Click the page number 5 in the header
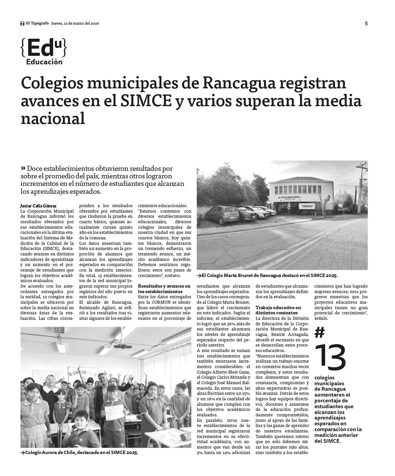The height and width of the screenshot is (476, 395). (366, 23)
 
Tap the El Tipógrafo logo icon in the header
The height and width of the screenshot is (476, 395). (22, 23)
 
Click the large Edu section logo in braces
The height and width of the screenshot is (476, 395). (44, 48)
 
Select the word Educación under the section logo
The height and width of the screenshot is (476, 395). (44, 62)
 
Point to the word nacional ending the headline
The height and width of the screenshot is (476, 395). (53, 119)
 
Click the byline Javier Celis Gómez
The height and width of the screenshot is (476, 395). (38, 206)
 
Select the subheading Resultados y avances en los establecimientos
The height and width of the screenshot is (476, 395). (164, 288)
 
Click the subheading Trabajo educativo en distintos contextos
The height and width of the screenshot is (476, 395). (278, 310)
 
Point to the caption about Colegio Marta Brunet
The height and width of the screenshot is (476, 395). (267, 275)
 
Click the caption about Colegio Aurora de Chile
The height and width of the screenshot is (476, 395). (79, 453)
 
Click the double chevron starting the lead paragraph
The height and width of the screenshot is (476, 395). (23, 168)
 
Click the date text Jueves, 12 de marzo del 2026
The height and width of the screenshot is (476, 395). (75, 23)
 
